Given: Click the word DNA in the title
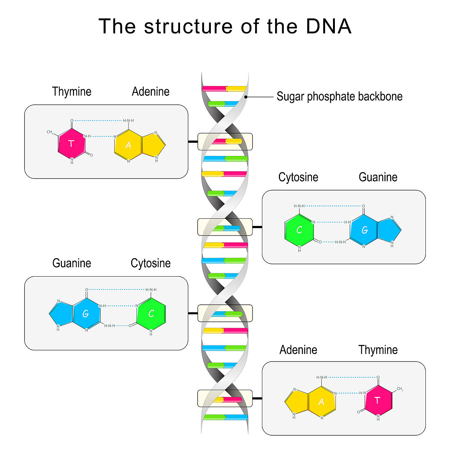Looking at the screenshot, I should [328, 26].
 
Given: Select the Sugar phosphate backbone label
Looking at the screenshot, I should [339, 97].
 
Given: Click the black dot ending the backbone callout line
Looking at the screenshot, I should [246, 97].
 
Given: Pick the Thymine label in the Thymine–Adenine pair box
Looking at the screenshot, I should [71, 92].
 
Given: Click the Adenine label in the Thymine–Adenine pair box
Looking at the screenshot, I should [150, 92].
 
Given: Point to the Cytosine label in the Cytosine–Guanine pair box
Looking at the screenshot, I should [298, 177].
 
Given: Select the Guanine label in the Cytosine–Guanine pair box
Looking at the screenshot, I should [378, 177].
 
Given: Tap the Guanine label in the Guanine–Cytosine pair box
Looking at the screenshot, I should [71, 263].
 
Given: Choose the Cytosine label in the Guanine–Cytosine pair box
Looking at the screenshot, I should [150, 263].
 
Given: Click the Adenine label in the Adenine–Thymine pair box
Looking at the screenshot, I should [298, 350].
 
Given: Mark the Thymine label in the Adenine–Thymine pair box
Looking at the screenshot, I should [378, 350].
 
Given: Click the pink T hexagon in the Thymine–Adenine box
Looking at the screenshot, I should [71, 143].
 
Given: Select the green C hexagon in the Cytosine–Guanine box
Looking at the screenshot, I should [299, 230].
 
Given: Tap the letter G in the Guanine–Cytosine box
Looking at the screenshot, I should [86, 314].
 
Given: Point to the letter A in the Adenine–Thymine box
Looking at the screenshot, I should [321, 402].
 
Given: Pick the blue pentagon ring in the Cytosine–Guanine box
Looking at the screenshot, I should [388, 230].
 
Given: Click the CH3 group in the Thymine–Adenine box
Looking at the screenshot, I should [50, 132].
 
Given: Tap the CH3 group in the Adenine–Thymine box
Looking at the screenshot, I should [400, 389].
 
